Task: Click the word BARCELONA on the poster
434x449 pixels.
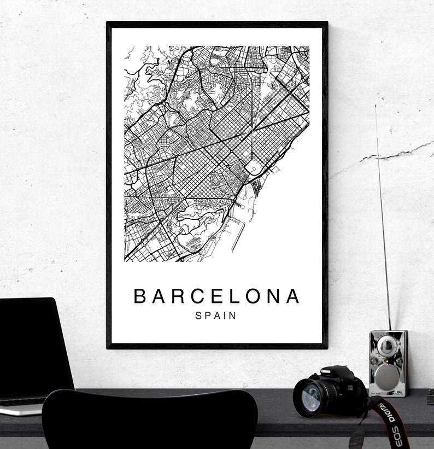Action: pos(217,296)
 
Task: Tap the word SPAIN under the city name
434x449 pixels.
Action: pos(216,316)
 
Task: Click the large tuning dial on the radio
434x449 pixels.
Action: pos(386,345)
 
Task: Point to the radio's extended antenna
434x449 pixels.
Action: pos(383,219)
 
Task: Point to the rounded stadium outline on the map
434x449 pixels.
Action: pos(254,166)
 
